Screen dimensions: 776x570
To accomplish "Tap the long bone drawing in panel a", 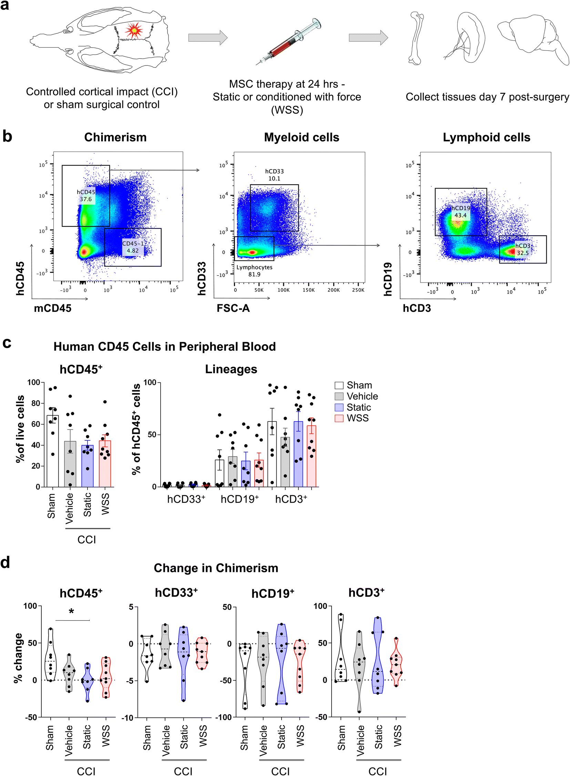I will (415, 38).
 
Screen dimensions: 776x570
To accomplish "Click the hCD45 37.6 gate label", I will (86, 196).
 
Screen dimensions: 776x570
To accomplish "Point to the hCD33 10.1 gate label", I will (274, 175).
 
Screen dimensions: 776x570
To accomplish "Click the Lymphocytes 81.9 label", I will (254, 271).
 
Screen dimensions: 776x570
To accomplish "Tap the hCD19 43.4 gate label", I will (461, 212).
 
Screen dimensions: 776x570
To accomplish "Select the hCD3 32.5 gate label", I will (523, 249).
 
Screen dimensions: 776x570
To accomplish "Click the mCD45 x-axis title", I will (52, 308).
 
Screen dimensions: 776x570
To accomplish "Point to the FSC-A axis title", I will (233, 308).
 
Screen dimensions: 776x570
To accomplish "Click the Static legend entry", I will (358, 407).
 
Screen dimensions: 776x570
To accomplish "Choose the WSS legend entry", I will (357, 418).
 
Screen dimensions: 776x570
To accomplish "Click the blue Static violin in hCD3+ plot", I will (378, 656).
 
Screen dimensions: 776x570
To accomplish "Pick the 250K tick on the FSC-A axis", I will (358, 290).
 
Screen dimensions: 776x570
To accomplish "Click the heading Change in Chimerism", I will (216, 568).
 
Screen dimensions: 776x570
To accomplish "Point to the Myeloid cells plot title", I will (302, 137).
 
